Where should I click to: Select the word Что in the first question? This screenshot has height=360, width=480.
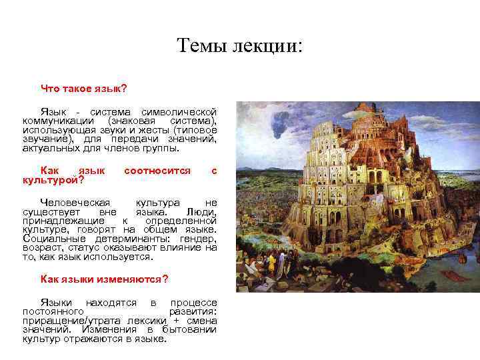51,88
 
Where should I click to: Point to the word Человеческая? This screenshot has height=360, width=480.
75,202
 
